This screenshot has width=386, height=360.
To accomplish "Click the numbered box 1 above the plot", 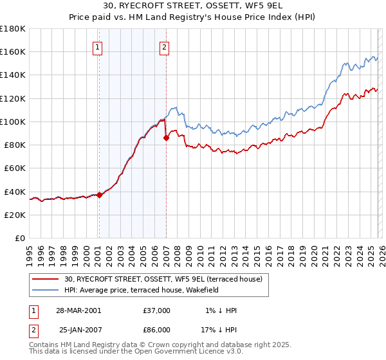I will [97, 46].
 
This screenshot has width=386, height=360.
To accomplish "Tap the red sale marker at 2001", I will [100, 195].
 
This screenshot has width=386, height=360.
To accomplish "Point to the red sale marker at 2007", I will [166, 138].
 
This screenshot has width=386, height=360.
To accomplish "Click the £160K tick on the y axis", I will [13, 51].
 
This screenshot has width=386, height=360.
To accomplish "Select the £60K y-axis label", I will [14, 168].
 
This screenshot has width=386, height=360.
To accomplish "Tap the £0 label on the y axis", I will [19, 238].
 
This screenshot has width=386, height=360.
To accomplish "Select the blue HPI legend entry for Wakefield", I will [142, 290].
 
